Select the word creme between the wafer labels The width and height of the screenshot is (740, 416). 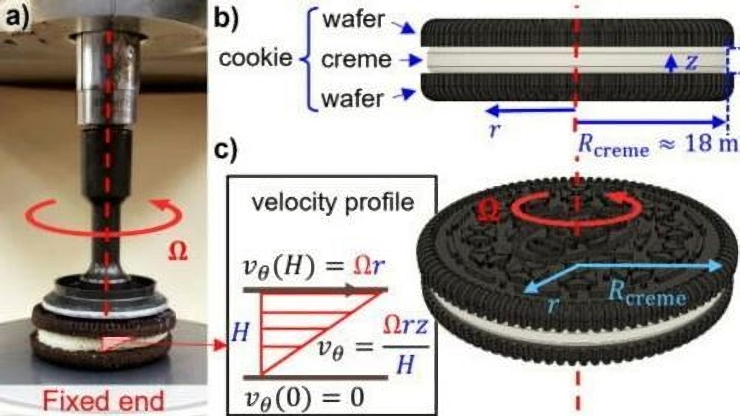[356, 60]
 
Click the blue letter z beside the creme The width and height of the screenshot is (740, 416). [691, 62]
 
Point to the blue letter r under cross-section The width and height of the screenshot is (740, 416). [493, 131]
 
